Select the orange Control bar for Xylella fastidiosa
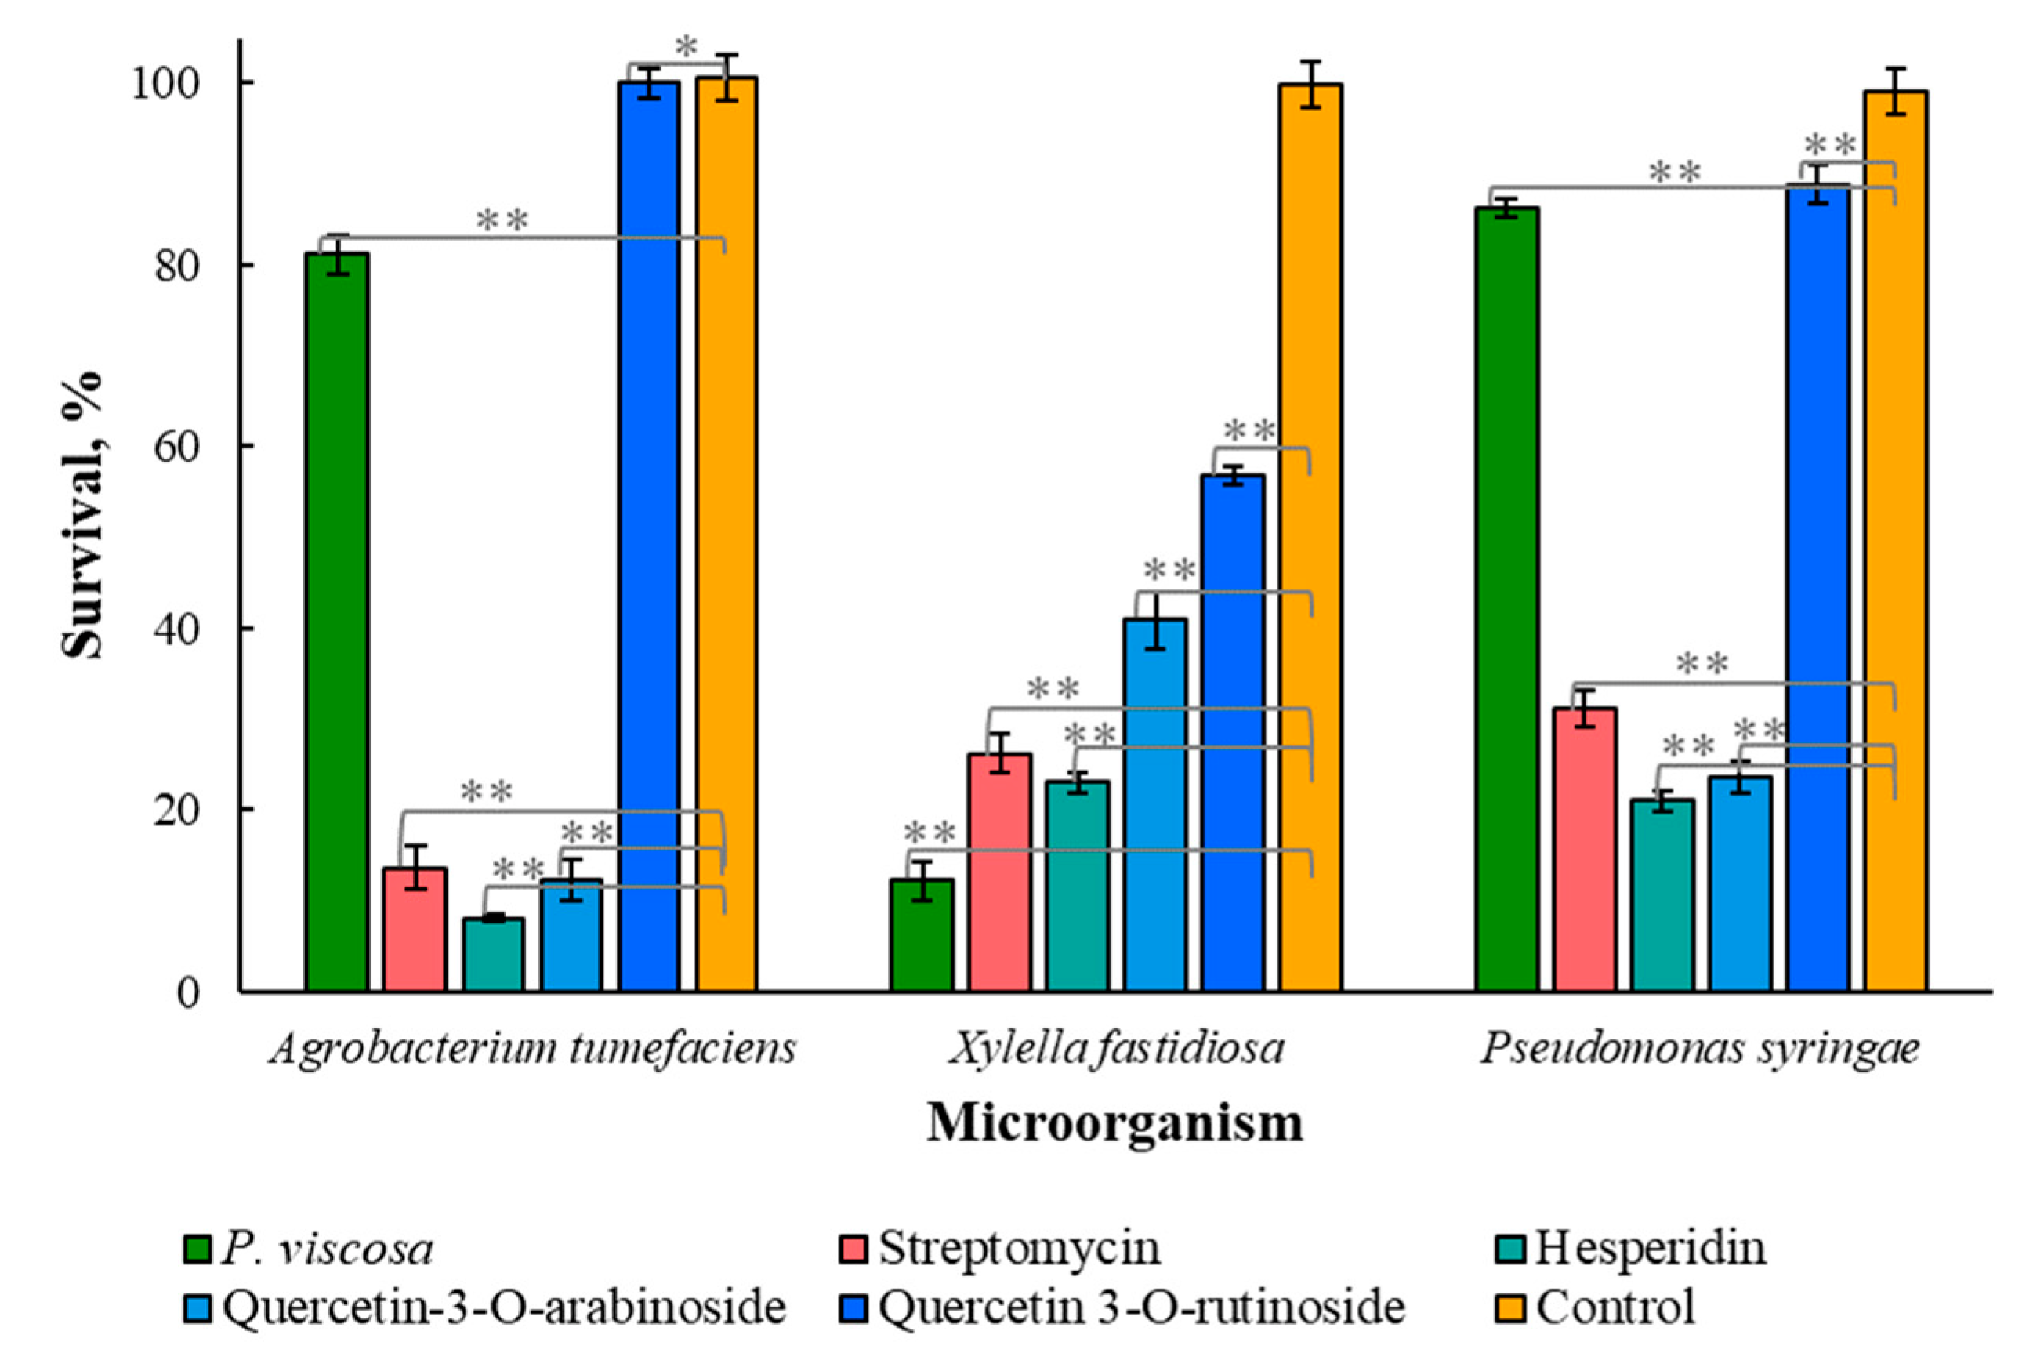point(1310,538)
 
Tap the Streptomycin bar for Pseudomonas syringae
point(1585,849)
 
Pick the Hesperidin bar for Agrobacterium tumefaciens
point(492,954)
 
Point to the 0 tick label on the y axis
point(189,992)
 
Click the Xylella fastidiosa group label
point(1116,1049)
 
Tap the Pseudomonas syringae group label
point(1700,1049)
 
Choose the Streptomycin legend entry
point(1019,1249)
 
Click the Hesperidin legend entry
point(1651,1249)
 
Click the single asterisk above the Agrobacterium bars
point(686,47)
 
